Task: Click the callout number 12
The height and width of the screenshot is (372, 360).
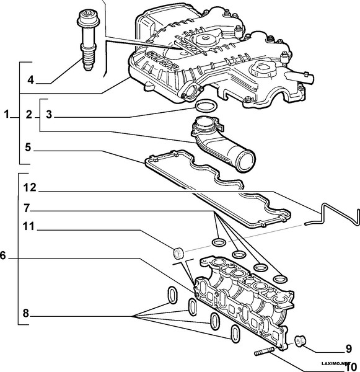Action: tap(29, 187)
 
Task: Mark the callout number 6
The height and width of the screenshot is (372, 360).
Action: tap(4, 255)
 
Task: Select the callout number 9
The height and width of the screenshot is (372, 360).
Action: tap(348, 348)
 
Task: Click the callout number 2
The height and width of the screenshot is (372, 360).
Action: tap(29, 114)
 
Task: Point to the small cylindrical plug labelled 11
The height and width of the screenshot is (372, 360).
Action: tap(178, 253)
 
